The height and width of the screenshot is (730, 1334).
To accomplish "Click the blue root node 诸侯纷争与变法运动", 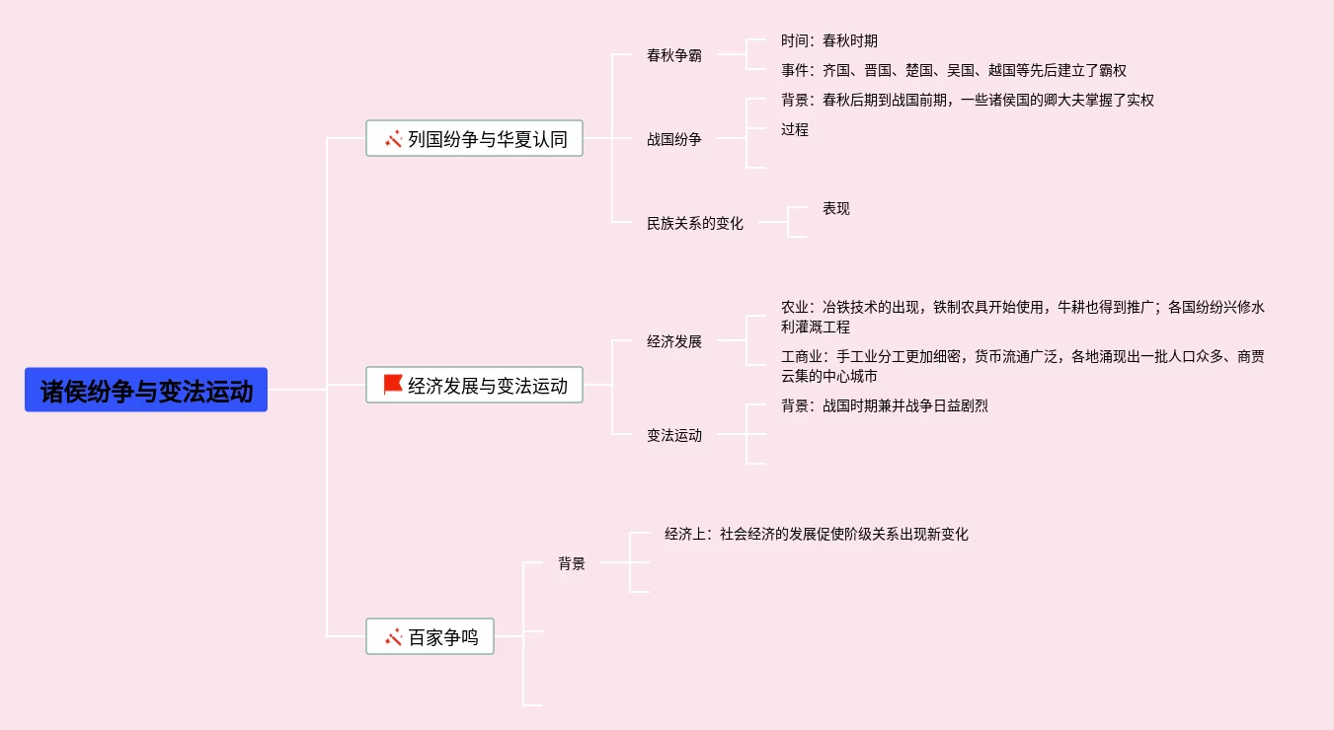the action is [x=146, y=390].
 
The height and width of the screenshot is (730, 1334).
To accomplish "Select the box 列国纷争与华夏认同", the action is [x=474, y=138].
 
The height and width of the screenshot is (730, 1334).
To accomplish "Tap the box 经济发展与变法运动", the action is [x=474, y=385].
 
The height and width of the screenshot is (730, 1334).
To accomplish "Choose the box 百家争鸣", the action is [x=430, y=636].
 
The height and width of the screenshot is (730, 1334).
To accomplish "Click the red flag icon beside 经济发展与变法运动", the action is [x=393, y=385].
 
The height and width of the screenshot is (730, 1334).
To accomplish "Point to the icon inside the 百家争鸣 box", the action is [x=393, y=637].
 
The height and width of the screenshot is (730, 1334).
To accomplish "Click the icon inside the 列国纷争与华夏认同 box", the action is [x=393, y=139].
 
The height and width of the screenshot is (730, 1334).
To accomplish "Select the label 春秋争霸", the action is [x=674, y=55].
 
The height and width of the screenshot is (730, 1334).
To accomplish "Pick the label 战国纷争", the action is [x=674, y=139].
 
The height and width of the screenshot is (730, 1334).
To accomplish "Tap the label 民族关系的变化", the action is [x=695, y=223].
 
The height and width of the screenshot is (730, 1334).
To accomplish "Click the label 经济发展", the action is [x=674, y=341].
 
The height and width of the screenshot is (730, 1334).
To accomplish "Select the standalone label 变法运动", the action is [x=674, y=435].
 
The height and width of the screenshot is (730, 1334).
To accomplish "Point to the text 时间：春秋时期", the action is [x=828, y=40].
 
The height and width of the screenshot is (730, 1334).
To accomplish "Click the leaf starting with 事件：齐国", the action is [x=953, y=70].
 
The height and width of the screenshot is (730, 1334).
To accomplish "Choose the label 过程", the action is [x=794, y=129].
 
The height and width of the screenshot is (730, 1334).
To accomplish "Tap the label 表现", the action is [x=835, y=208].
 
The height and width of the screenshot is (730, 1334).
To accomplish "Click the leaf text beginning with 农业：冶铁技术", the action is [x=1022, y=317].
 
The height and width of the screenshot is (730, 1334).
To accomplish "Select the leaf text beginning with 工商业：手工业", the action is [x=1022, y=366].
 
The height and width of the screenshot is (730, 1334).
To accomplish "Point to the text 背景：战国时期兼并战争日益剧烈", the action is [x=884, y=405].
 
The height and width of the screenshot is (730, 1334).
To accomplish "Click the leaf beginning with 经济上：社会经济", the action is [x=816, y=534].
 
